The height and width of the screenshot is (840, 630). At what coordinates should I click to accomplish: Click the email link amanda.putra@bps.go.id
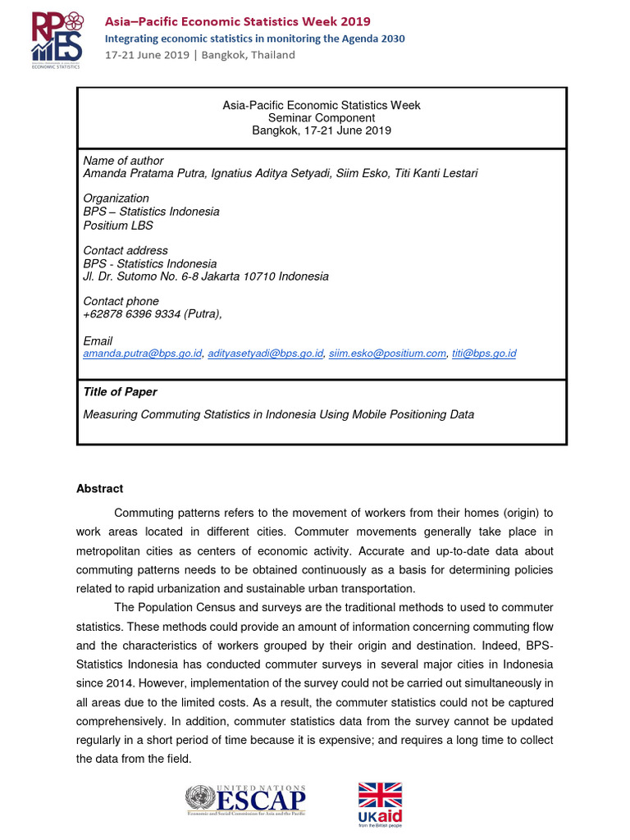[x=143, y=354]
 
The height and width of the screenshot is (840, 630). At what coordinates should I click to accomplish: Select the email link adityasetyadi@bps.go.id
[x=265, y=354]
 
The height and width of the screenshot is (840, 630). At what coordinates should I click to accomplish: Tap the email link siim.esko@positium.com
[x=387, y=354]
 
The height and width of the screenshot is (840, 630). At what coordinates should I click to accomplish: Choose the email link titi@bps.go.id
[x=484, y=354]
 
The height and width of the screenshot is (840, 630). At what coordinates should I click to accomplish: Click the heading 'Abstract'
[x=100, y=489]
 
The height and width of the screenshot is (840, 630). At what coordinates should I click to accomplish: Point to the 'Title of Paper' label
[x=121, y=392]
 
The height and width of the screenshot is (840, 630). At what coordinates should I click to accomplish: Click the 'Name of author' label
[x=124, y=161]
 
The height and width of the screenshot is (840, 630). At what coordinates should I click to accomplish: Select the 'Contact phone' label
[x=121, y=301]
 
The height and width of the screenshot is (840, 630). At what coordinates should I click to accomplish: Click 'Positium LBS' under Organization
[x=118, y=226]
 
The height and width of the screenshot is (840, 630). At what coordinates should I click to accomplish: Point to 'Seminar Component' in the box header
[x=322, y=118]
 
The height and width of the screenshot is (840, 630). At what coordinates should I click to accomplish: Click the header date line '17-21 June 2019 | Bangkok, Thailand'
[x=199, y=55]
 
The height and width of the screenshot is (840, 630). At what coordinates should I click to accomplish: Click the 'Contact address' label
[x=126, y=250]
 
